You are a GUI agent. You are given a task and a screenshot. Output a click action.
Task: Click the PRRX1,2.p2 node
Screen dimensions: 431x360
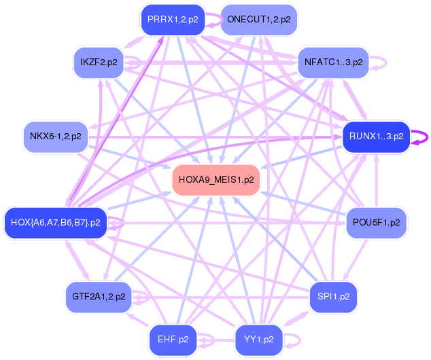pos(173,20)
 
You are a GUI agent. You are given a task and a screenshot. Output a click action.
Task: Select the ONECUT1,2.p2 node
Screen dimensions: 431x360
pos(259,20)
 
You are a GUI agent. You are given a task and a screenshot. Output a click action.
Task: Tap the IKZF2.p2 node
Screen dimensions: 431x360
pos(99,62)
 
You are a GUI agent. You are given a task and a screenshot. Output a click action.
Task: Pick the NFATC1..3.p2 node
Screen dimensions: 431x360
pos(333,62)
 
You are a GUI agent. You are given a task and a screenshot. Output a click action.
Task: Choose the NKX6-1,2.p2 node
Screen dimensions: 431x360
pos(56,137)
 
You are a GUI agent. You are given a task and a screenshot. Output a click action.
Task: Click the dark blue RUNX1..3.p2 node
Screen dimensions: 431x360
pos(377,137)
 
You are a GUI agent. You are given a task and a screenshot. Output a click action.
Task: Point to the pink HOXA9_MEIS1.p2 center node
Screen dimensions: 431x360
pos(216,180)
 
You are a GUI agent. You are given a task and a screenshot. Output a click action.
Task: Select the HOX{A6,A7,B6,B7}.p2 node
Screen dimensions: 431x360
pos(56,223)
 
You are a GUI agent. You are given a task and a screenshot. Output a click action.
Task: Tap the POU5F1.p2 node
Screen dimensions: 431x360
pos(377,223)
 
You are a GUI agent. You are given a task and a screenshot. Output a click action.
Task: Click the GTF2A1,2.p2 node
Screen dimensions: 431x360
pos(99,297)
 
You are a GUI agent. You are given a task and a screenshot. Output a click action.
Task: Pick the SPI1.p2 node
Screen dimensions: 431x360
pos(333,297)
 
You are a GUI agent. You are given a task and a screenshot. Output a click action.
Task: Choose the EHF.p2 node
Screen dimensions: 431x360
pos(173,340)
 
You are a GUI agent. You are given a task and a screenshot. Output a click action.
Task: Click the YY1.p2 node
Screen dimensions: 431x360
pos(259,340)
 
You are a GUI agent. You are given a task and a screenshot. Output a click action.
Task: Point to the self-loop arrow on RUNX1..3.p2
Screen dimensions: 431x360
pos(428,137)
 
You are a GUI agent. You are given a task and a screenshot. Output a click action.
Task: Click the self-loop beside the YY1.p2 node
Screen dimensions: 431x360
pos(300,340)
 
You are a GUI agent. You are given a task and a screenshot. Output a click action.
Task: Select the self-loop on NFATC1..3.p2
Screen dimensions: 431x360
pos(386,63)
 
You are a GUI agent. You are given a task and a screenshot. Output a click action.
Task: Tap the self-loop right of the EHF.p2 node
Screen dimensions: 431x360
pos(214,340)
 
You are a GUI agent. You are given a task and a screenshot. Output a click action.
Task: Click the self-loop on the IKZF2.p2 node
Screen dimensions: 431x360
pos(140,62)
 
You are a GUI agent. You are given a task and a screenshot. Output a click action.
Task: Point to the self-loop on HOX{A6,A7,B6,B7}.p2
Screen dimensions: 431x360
pos(123,223)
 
